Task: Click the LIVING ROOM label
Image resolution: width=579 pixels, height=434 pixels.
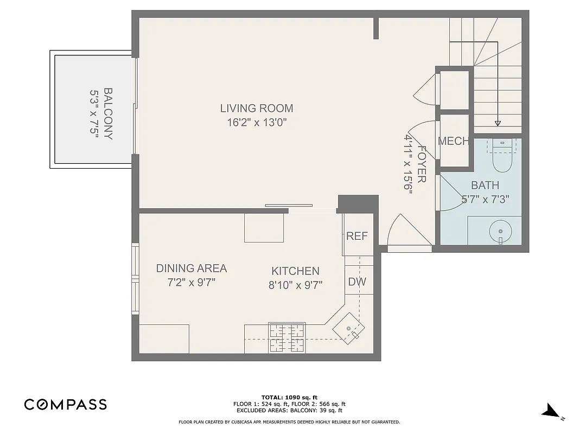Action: pos(256,108)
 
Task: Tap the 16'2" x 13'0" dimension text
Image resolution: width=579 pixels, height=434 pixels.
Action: pos(256,123)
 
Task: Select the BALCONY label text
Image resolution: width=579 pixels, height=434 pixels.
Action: pos(108,114)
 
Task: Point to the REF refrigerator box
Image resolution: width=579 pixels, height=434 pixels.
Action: pos(357,236)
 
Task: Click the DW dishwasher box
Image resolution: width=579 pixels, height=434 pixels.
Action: pos(357,282)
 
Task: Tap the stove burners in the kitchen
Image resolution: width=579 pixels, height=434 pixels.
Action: pos(287,337)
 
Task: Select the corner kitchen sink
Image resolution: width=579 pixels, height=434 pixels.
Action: pos(348,328)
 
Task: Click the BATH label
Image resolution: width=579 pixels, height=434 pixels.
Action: pos(485,186)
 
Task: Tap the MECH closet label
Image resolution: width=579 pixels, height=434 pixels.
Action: pos(453,141)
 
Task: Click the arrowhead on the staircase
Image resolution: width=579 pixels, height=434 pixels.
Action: pos(498,123)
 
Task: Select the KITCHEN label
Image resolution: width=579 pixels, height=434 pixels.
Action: pos(295,271)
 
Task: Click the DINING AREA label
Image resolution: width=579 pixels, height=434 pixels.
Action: pos(191,268)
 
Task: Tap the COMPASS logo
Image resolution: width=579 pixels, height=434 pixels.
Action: pos(65,404)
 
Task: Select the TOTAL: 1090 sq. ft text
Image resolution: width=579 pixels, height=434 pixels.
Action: pos(289,397)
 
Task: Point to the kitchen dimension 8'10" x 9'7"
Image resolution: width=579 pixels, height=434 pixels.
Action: pos(295,285)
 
